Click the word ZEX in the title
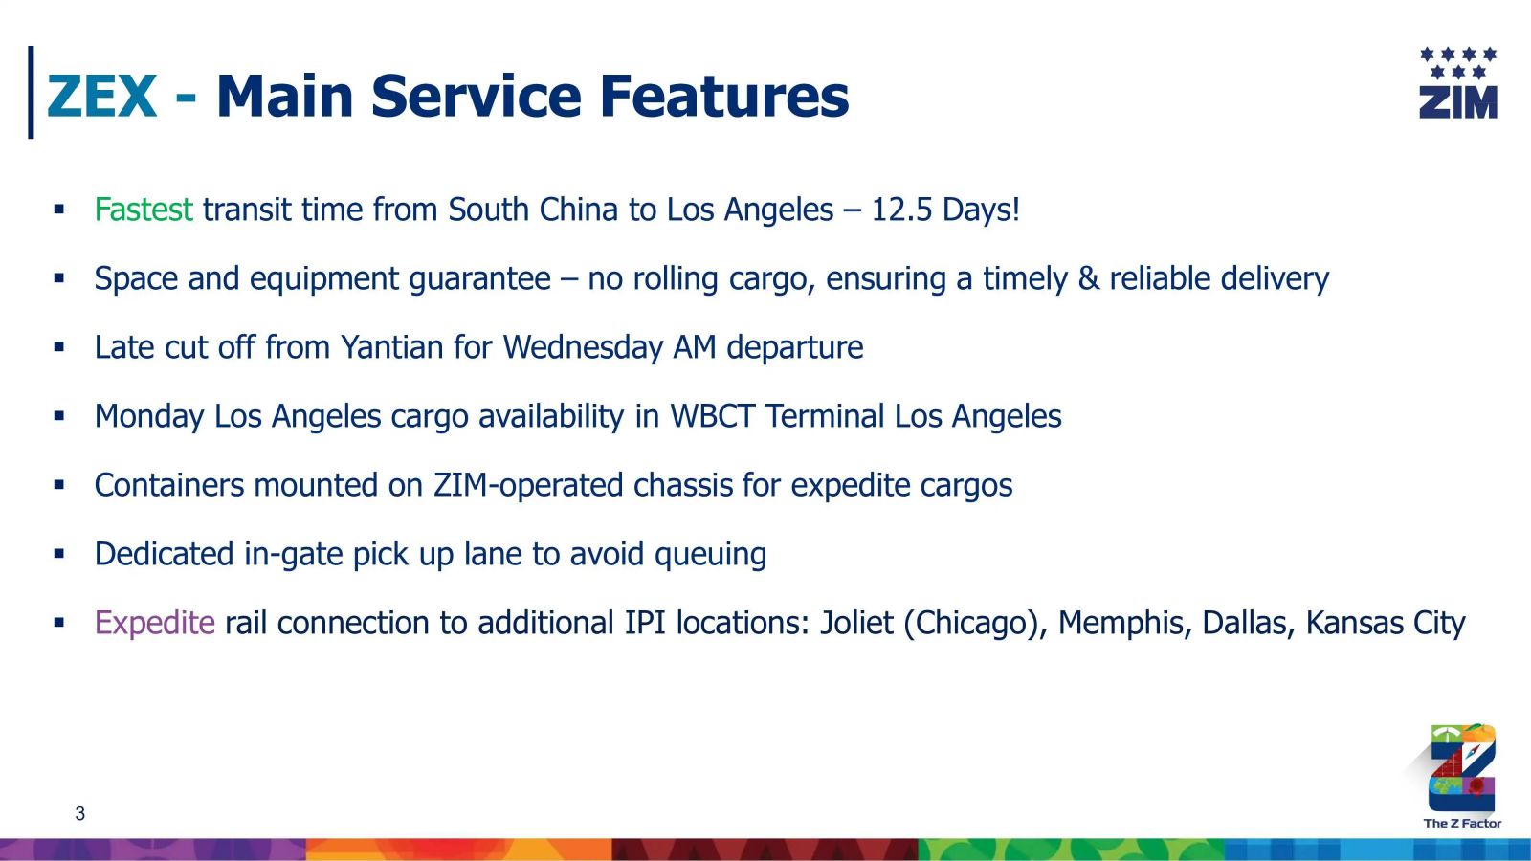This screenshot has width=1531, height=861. [x=101, y=96]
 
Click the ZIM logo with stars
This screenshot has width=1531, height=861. [x=1458, y=83]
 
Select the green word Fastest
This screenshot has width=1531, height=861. [x=144, y=210]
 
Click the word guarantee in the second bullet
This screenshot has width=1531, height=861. [x=479, y=279]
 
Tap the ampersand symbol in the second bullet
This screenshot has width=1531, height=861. [x=1089, y=278]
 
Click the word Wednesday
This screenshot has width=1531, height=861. [x=583, y=348]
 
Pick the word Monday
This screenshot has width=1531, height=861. [x=149, y=417]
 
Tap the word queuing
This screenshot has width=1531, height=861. [x=710, y=555]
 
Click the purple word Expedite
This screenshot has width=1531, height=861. [x=154, y=624]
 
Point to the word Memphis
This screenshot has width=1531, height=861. [x=1121, y=623]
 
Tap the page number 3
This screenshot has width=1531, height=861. [x=80, y=814]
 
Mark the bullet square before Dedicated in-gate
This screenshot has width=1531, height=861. [x=58, y=553]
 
